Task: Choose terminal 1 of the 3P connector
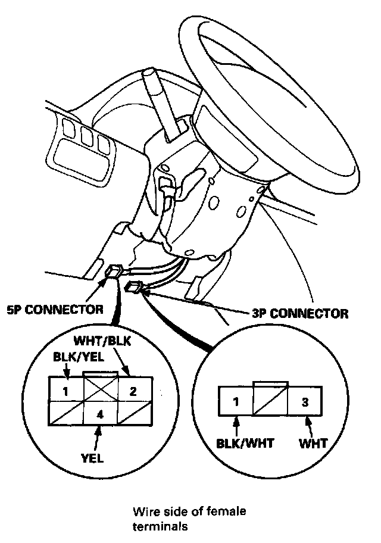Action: tap(236, 402)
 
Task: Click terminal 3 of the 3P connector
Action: tap(305, 402)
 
